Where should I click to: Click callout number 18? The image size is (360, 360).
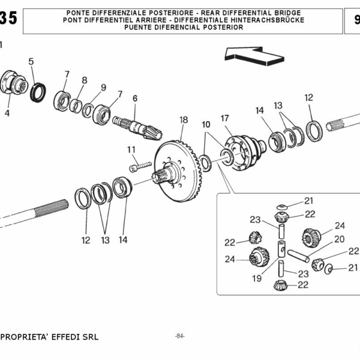point(184,120)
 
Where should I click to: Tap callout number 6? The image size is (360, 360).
point(135,98)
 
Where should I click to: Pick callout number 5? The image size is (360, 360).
point(31,61)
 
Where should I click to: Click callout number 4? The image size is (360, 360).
point(7,112)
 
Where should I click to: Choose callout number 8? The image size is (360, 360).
point(84,80)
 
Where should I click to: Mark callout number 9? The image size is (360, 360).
point(103,88)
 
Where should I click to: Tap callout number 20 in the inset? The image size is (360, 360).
point(339,238)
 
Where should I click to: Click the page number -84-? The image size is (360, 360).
point(179,335)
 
